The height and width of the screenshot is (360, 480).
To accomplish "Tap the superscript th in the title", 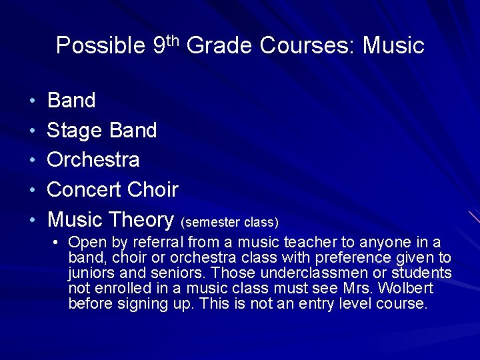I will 173,39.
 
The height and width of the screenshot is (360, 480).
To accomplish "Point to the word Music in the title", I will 394,46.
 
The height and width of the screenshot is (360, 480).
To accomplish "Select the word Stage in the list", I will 73,131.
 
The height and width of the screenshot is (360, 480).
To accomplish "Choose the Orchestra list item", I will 93,160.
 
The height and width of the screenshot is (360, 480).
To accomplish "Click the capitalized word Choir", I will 154,190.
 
